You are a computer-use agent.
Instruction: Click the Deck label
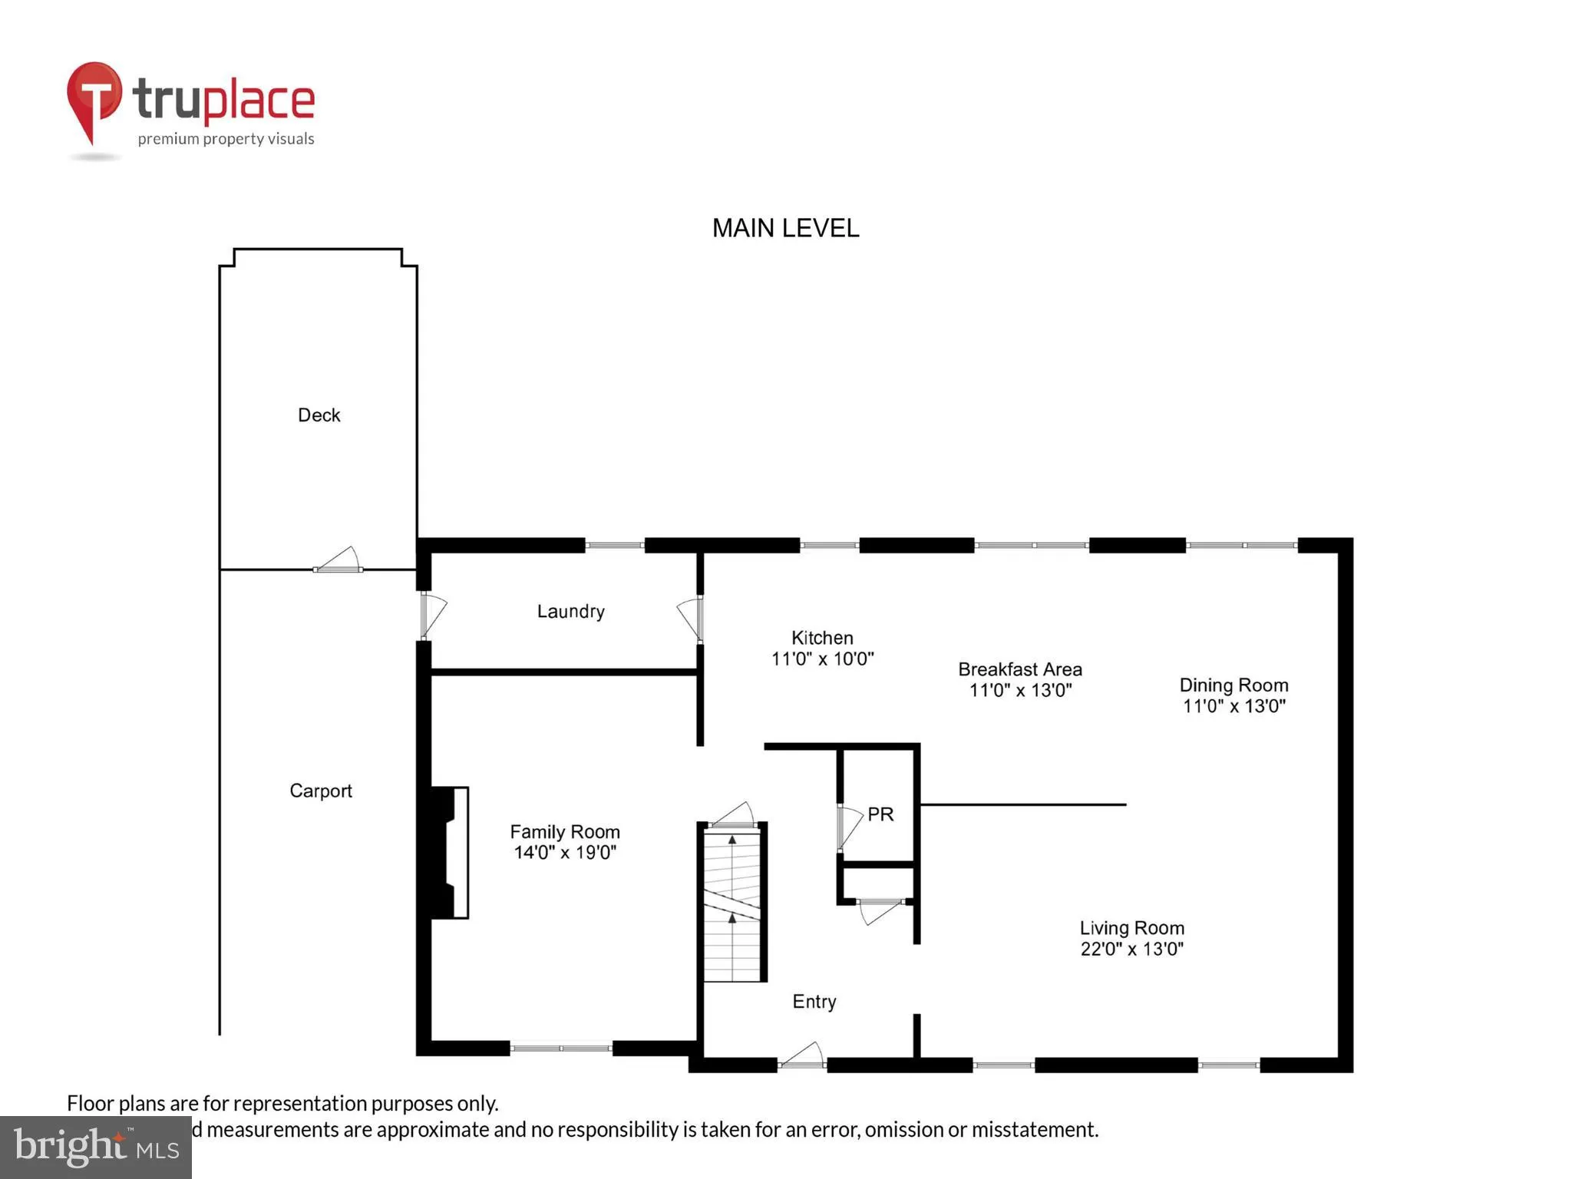[x=319, y=415]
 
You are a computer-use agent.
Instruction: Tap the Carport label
[x=320, y=791]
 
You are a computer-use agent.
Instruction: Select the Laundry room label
[x=570, y=611]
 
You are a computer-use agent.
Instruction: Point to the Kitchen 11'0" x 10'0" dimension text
[x=822, y=659]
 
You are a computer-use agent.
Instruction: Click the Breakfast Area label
[x=1019, y=669]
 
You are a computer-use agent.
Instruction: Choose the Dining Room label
[x=1233, y=685]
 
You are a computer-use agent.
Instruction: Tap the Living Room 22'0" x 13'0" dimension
[x=1131, y=949]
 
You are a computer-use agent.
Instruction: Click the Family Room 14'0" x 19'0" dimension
[x=565, y=852]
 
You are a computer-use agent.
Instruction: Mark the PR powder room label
[x=880, y=814]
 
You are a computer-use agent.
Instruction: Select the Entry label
[x=814, y=1001]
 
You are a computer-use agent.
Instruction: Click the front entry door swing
[x=803, y=1056]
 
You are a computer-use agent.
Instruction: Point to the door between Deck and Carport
[x=339, y=561]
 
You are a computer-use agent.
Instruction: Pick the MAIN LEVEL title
[x=785, y=228]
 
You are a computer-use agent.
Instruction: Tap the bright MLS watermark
[x=96, y=1147]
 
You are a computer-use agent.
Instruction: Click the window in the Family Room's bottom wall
[x=561, y=1048]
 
